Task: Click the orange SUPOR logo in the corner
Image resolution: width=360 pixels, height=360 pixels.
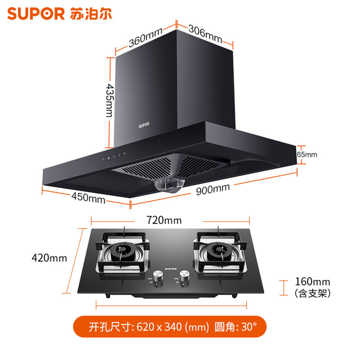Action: point(36,14)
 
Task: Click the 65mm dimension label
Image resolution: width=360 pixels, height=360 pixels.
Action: point(308,154)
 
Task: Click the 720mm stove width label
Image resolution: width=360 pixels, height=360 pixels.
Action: point(164,220)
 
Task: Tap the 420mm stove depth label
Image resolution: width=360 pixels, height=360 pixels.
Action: point(49,258)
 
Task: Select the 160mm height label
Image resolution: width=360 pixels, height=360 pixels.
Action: point(312,282)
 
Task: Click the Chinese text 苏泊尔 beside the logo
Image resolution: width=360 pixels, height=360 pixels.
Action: point(91,14)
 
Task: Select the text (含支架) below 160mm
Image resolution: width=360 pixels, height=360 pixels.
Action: point(312,294)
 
